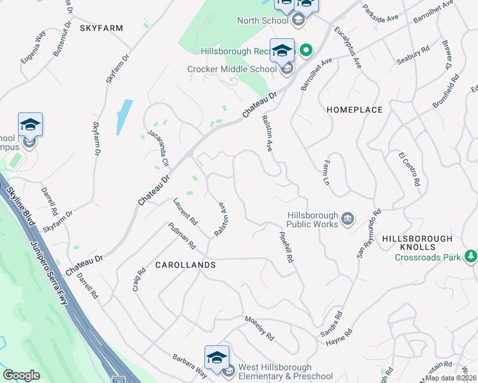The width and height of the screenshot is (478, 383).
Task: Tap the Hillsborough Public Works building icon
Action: pos(348,219)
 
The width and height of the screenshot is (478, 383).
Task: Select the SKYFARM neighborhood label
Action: pos(101,28)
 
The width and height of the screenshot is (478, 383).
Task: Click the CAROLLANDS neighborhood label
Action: pos(185,264)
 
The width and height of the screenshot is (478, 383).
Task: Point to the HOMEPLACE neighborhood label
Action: pos(355,110)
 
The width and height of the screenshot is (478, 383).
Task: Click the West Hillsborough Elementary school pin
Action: pos(217,358)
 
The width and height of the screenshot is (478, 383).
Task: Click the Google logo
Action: pos(21,375)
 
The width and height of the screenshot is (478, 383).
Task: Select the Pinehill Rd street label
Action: pos(286,246)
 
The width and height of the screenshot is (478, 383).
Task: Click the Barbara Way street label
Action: pos(189,366)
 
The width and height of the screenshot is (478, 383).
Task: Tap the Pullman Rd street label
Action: pos(181,236)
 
